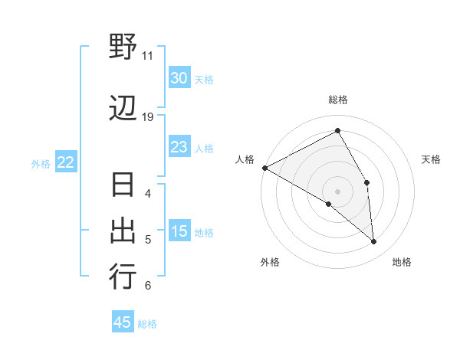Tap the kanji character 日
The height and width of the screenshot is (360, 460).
coord(123,187)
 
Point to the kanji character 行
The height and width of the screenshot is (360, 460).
coord(123,276)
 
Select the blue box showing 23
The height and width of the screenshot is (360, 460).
coord(179,147)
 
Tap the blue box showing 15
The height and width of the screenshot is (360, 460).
coord(179,232)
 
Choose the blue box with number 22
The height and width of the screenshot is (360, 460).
coord(66,162)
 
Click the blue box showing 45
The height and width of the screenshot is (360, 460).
coord(123,322)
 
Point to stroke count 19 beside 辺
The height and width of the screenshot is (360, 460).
coord(148,117)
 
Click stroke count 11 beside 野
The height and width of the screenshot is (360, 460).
coord(148,55)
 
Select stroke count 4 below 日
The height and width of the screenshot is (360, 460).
coord(148,193)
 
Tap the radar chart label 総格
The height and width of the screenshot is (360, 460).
coord(338,100)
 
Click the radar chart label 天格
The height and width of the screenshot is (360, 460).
coord(432,159)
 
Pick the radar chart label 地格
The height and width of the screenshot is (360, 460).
coord(402,262)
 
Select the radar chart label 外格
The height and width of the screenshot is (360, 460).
coord(270,262)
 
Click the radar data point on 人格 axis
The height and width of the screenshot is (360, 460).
coord(264,167)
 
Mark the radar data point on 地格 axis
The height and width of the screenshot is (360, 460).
coord(374,242)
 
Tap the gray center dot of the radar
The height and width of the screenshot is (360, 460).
coord(337,191)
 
